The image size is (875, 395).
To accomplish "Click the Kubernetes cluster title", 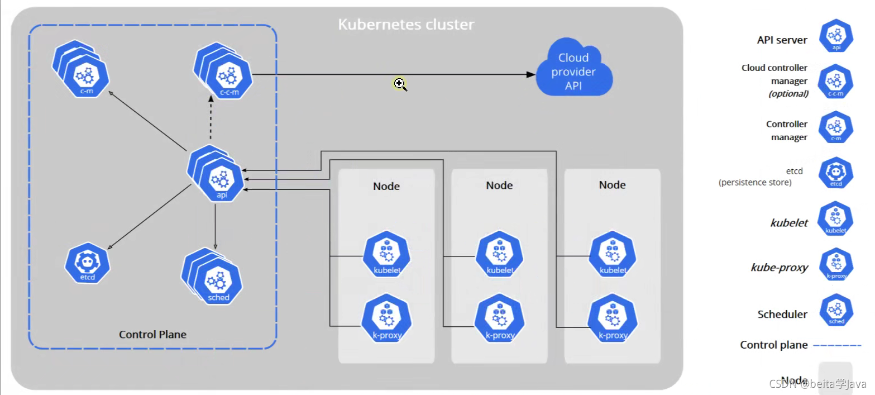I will pyautogui.click(x=406, y=25).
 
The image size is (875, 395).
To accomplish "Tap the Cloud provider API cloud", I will pyautogui.click(x=573, y=71).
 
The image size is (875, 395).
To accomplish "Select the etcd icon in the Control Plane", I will pyautogui.click(x=87, y=263).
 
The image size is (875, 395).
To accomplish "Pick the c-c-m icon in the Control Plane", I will pyautogui.click(x=229, y=79).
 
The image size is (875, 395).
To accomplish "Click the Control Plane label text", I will pyautogui.click(x=152, y=334).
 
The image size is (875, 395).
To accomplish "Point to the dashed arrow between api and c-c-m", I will pyautogui.click(x=211, y=120).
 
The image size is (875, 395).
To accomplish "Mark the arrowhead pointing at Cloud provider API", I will pyautogui.click(x=530, y=74).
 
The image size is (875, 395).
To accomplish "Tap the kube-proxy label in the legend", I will pyautogui.click(x=780, y=268).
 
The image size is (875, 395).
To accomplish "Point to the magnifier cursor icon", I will pyautogui.click(x=400, y=84).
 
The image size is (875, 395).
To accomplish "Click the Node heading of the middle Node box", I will pyautogui.click(x=499, y=185).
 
